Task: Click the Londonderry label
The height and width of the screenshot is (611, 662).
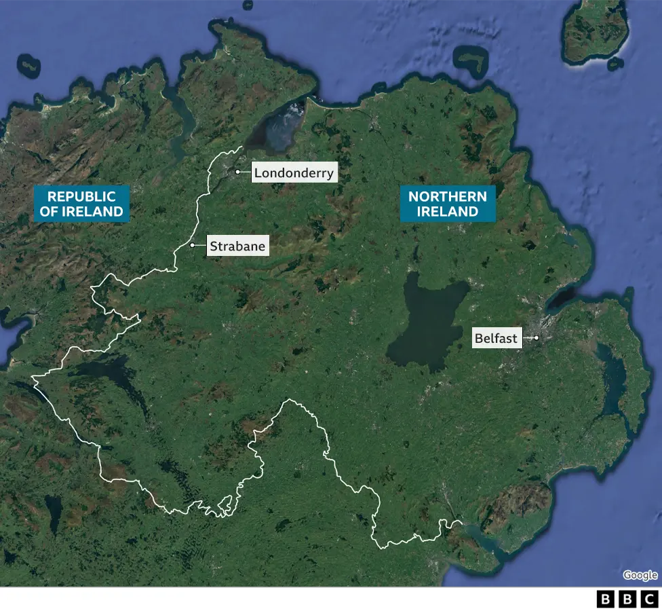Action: point(294,173)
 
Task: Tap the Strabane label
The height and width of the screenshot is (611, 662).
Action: point(237,246)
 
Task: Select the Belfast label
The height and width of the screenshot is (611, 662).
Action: point(496,338)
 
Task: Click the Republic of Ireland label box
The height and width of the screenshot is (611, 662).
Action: point(81,204)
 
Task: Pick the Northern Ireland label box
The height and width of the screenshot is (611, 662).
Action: point(448,204)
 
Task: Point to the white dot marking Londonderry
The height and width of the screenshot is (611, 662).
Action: point(237,172)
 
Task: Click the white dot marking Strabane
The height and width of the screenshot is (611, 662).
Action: point(193,245)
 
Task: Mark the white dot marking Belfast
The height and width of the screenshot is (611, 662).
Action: point(536,337)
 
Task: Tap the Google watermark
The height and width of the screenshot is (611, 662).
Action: point(640,575)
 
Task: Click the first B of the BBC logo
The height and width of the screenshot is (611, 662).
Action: point(604,599)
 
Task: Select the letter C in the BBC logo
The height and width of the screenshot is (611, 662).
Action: point(650,599)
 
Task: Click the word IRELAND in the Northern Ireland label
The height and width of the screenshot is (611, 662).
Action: point(448,212)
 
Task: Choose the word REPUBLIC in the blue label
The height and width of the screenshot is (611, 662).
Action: point(81,196)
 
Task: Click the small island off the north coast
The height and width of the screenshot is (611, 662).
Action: point(471,60)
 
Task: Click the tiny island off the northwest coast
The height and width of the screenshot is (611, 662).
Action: point(28,65)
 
